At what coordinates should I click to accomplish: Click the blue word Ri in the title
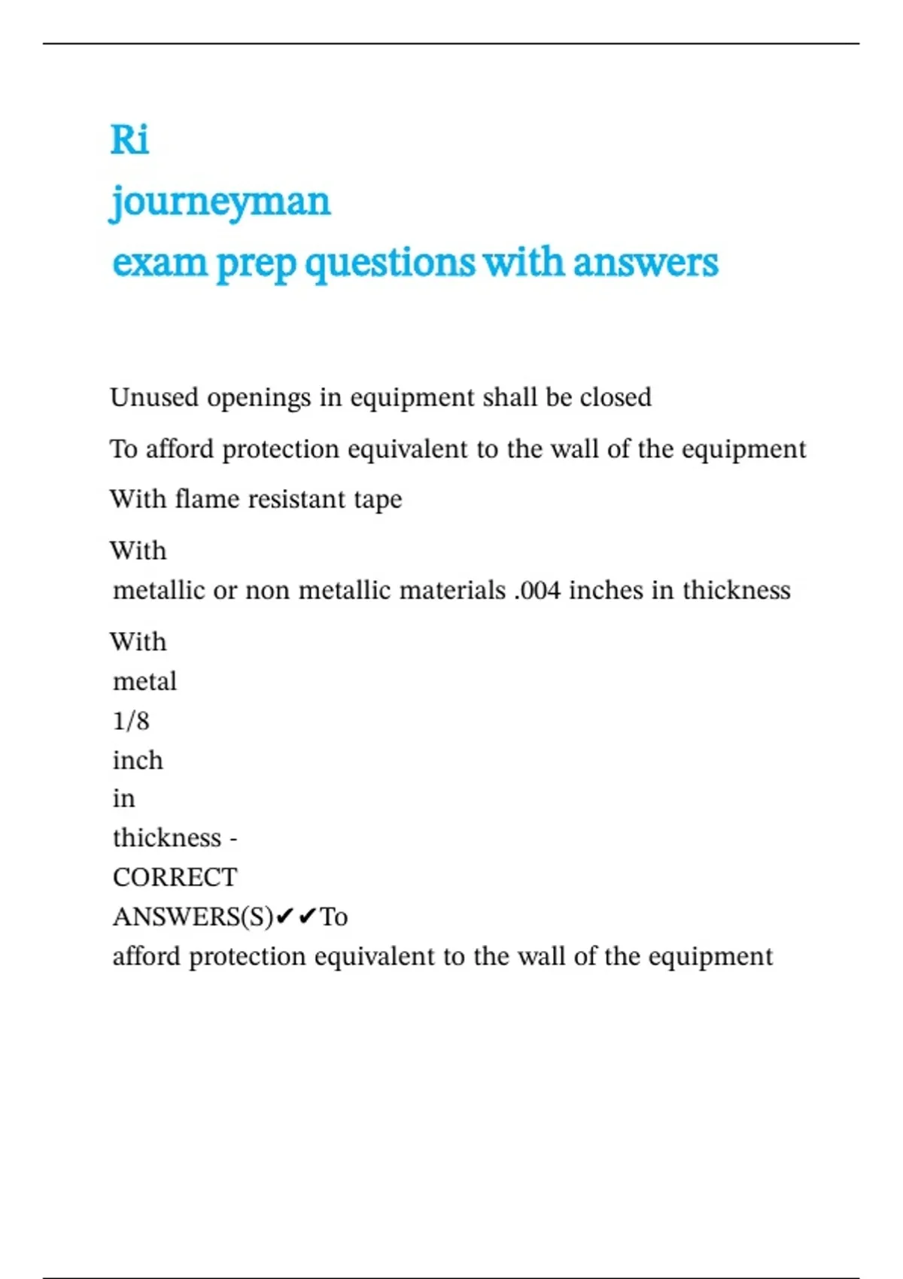129,140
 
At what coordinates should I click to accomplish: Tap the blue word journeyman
220,202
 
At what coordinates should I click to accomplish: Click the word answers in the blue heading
645,263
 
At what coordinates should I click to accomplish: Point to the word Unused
154,397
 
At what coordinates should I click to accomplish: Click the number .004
538,591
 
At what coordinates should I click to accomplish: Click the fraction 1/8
131,721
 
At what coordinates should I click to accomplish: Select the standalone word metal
144,682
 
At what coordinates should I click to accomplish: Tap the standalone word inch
138,760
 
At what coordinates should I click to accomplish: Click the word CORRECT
175,877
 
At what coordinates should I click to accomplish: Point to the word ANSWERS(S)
193,917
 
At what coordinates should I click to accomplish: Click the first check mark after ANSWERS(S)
284,916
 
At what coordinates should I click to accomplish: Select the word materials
452,591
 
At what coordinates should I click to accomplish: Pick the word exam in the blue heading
160,263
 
